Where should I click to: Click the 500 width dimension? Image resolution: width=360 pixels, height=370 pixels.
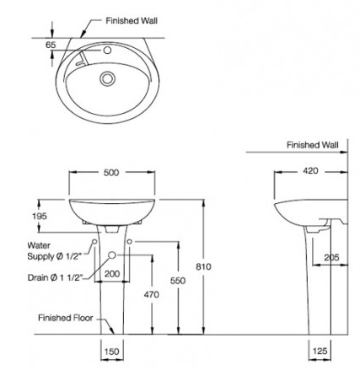click(x=111, y=173)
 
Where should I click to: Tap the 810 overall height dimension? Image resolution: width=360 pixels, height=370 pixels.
click(x=202, y=265)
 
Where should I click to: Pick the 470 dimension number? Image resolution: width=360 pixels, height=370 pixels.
click(x=152, y=295)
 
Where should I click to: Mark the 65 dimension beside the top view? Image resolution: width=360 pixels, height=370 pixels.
click(x=51, y=45)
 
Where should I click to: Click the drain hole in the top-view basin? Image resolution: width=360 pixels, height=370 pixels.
click(x=107, y=79)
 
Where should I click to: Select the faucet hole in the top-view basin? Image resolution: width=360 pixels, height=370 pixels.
click(x=106, y=51)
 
